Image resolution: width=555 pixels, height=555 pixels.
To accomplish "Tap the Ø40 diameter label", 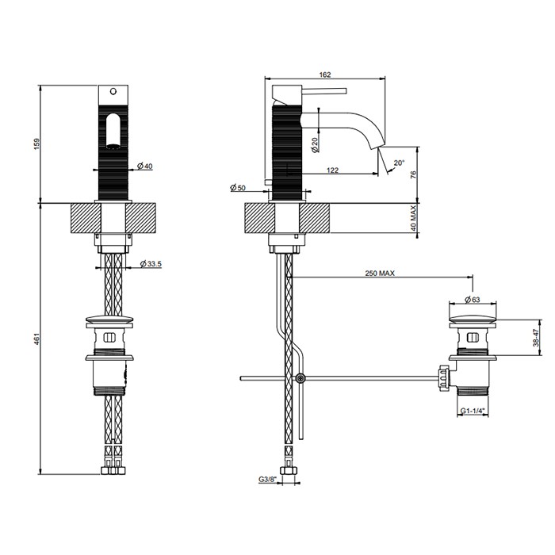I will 144,166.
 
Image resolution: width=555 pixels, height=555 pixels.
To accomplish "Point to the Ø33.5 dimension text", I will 151,264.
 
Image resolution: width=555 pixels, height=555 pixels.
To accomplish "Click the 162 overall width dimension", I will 324,75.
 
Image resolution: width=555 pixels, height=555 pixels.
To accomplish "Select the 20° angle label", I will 399,163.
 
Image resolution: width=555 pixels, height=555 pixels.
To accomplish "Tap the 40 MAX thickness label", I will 412,218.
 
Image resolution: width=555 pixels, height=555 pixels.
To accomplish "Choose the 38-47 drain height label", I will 536,339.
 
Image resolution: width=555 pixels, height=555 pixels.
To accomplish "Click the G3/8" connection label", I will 266,479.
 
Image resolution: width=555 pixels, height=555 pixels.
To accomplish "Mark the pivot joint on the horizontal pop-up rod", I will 300,378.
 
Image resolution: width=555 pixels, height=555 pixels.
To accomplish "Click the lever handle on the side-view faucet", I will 321,90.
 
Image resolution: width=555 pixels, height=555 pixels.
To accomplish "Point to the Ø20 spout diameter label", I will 315,144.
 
